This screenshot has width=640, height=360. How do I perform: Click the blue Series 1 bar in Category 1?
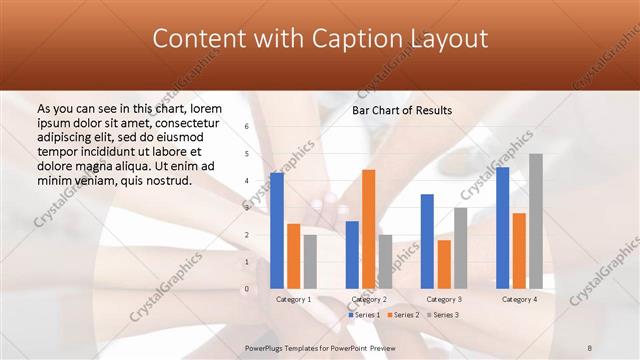tap(277, 230)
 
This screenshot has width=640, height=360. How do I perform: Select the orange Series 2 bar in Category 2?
tap(369, 229)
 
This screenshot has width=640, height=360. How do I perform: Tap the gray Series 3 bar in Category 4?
tap(536, 221)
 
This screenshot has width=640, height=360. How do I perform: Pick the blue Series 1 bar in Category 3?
tap(427, 241)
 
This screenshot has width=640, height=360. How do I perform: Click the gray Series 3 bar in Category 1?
tap(310, 261)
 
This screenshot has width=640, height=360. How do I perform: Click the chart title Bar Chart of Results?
tap(402, 110)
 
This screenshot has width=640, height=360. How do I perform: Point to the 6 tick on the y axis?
tap(246, 127)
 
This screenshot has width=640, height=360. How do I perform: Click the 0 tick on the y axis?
tap(246, 289)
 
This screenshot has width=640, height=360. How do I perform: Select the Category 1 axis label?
tap(293, 299)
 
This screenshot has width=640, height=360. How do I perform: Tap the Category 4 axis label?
tap(519, 299)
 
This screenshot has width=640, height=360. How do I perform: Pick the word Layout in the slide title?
tap(454, 39)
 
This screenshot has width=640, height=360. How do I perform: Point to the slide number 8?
tap(590, 348)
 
